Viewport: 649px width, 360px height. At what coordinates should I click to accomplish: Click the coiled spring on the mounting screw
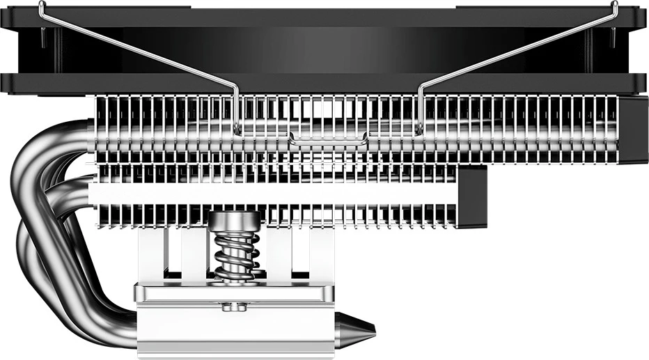[x=235, y=255]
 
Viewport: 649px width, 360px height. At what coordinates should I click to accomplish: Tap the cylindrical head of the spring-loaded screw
[x=235, y=222]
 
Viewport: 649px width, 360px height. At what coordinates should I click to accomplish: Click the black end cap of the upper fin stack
[x=632, y=129]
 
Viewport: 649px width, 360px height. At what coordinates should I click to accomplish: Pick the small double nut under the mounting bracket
[x=235, y=306]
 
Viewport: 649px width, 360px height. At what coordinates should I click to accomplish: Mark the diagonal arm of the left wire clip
[x=139, y=52]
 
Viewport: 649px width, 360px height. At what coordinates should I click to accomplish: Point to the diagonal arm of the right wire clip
[x=515, y=52]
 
